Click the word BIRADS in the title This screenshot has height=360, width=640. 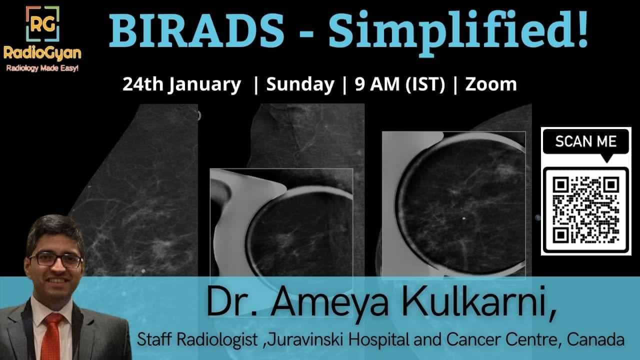point(196,30)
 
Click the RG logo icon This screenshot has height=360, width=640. point(42,23)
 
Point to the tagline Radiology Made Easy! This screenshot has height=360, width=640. point(42,68)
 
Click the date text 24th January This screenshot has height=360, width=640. point(181,84)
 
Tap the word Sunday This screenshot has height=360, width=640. point(300,84)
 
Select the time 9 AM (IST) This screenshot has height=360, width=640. point(400,84)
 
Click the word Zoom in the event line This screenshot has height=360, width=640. point(491,84)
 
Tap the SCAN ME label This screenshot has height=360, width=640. point(585,141)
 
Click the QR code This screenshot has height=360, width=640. point(585,210)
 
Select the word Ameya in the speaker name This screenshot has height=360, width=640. point(329,303)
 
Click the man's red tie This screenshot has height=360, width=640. point(52,336)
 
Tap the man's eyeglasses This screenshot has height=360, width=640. point(56,260)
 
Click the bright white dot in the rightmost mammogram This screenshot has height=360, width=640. point(463,218)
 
